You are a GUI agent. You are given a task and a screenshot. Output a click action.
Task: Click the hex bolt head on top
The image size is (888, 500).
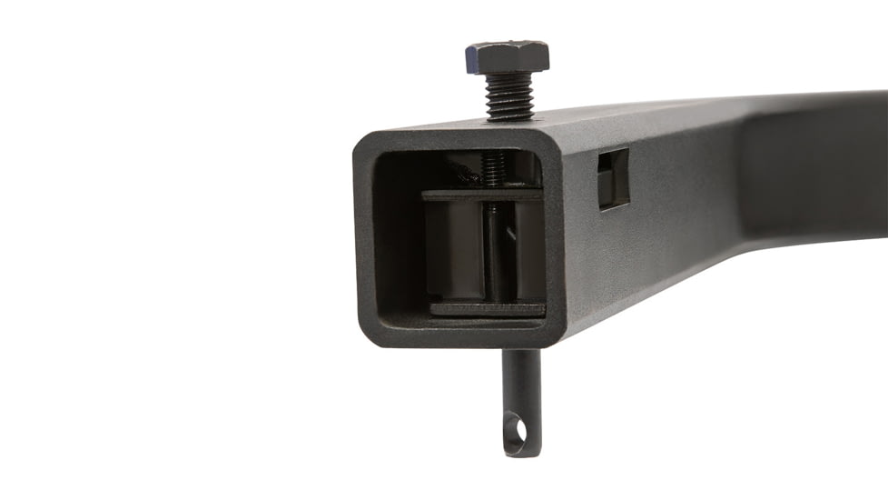pyautogui.click(x=507, y=57)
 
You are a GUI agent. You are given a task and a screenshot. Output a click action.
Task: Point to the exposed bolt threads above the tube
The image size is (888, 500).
pyautogui.click(x=509, y=95)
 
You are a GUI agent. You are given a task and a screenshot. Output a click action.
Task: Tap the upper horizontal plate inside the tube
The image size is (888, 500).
pyautogui.click(x=481, y=194)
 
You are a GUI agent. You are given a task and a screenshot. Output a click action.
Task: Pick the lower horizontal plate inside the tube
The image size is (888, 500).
pyautogui.click(x=487, y=308)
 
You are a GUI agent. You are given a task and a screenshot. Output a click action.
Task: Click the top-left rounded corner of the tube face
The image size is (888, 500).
pyautogui.click(x=364, y=141)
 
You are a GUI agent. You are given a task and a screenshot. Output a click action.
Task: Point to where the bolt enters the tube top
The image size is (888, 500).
pyautogui.click(x=511, y=119)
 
